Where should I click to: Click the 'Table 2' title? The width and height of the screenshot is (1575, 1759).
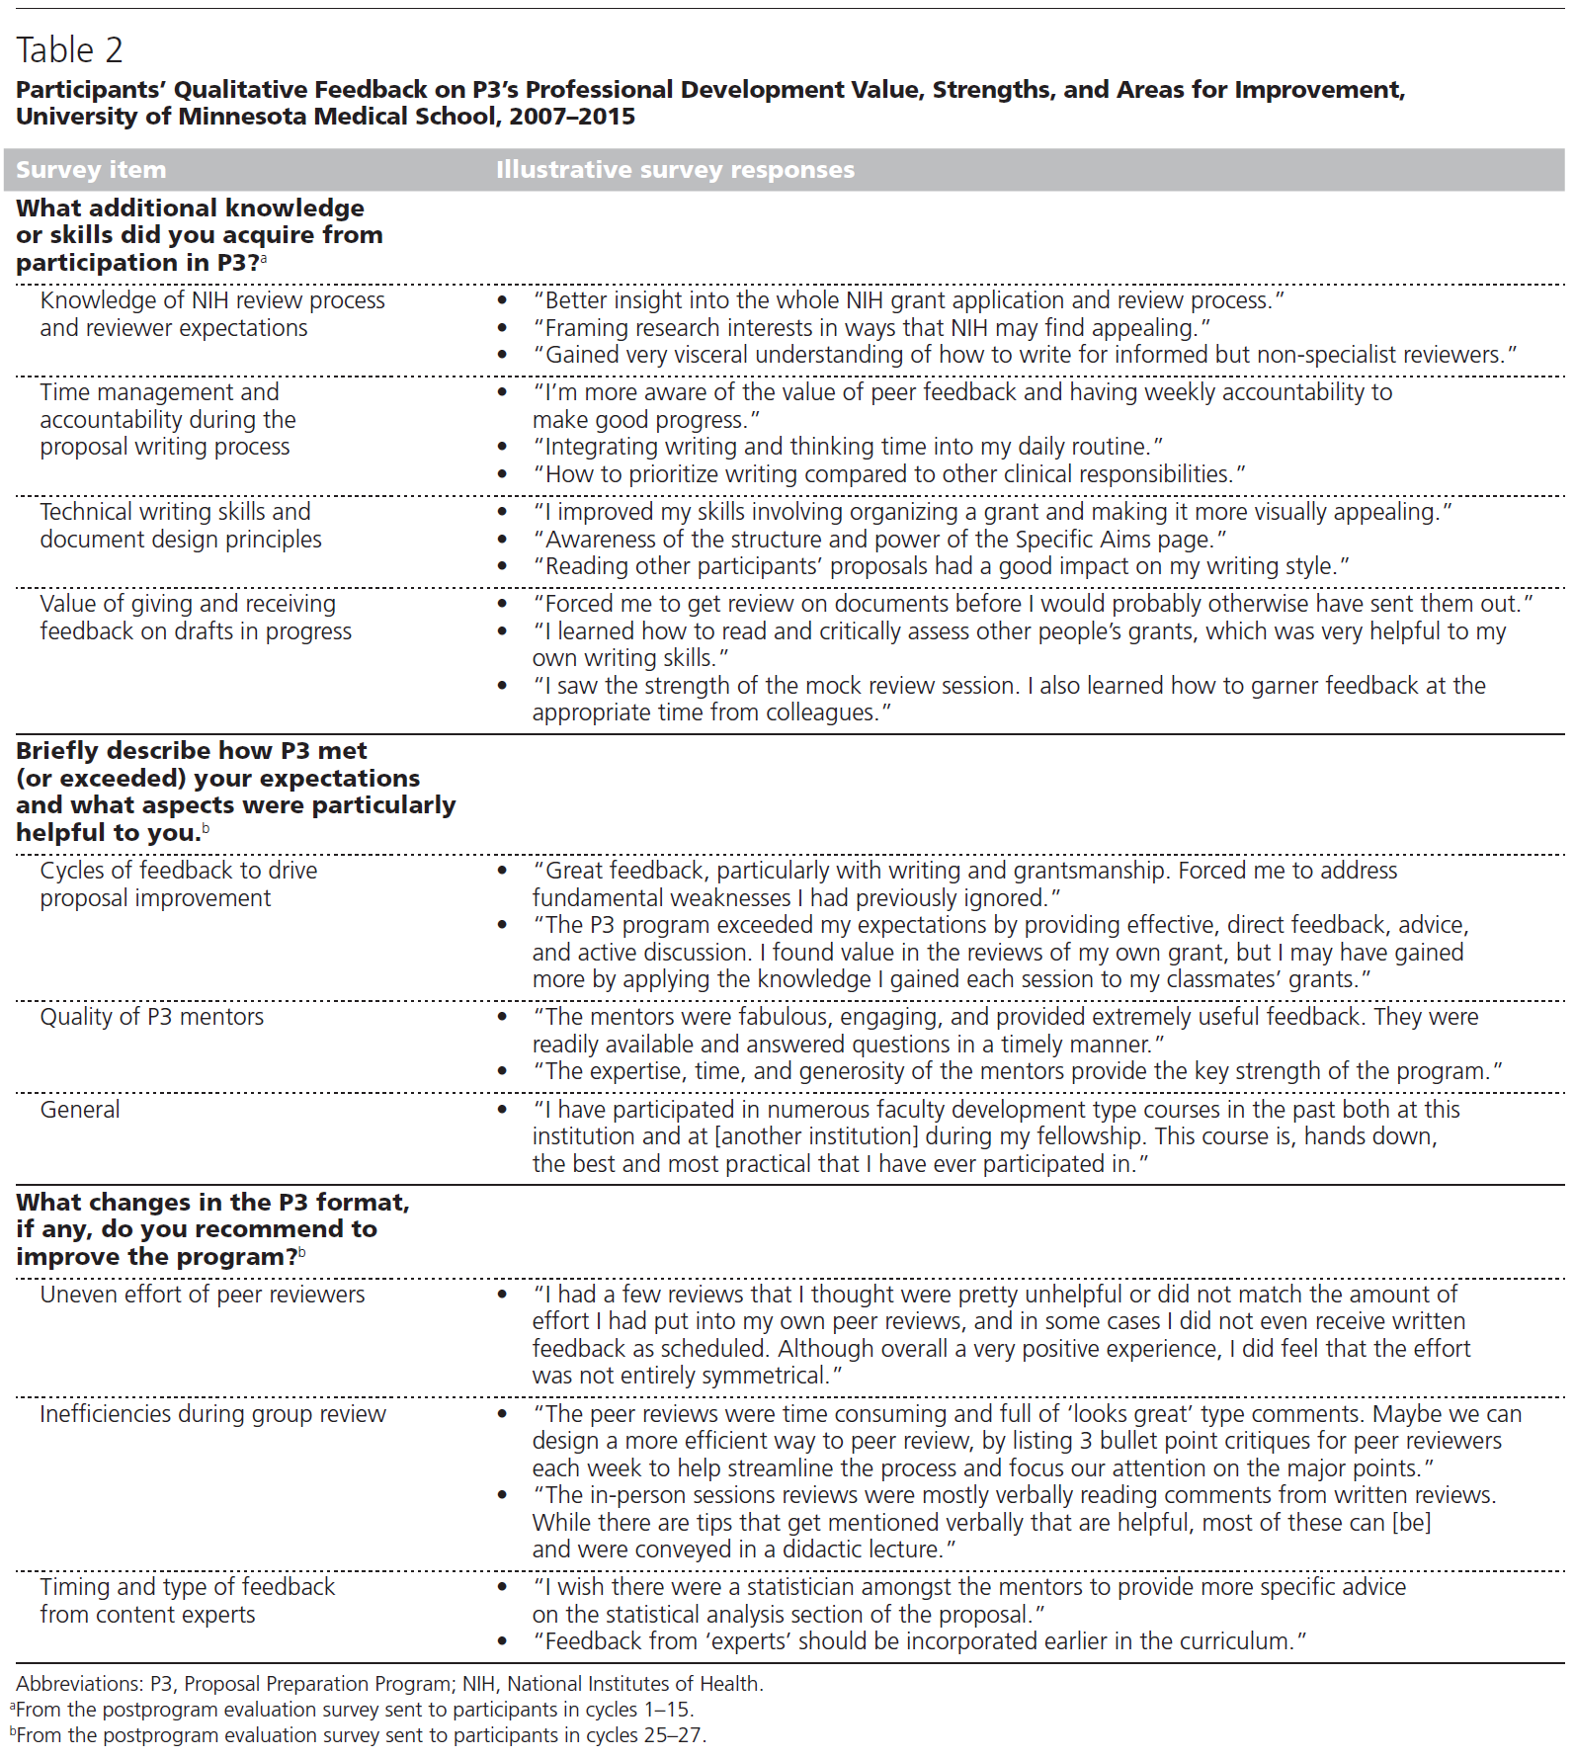(x=69, y=49)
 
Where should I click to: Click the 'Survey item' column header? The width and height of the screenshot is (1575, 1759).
(x=91, y=170)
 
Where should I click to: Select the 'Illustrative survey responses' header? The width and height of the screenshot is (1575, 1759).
(x=675, y=170)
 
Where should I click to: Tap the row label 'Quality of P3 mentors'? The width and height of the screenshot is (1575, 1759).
(x=152, y=1017)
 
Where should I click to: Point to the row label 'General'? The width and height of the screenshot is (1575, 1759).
(x=80, y=1110)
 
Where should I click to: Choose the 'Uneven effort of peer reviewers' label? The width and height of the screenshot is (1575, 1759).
(x=203, y=1295)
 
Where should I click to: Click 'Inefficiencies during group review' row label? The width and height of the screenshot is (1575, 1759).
(x=212, y=1414)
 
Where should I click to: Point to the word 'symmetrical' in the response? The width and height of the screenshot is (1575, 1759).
(x=767, y=1376)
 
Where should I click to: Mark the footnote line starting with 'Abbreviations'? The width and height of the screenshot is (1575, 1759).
(x=389, y=1684)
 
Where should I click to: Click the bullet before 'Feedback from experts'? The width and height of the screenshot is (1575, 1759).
(x=503, y=1641)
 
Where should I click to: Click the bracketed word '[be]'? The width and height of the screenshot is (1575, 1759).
(x=1411, y=1523)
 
